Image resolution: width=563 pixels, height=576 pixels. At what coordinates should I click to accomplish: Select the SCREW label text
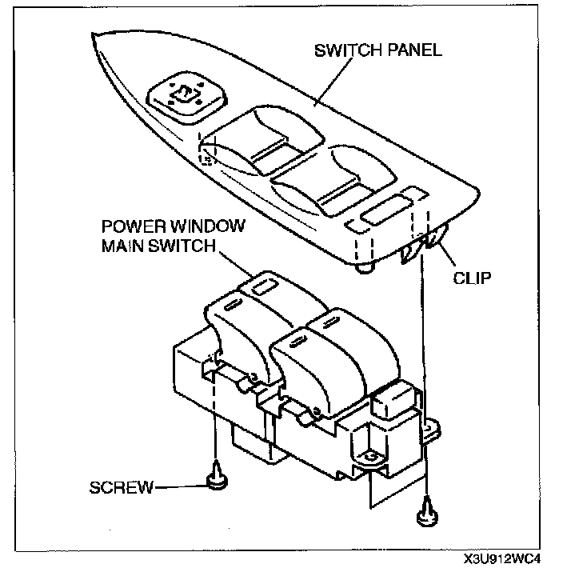(121, 487)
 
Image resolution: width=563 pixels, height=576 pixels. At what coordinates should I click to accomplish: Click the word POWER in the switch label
(127, 227)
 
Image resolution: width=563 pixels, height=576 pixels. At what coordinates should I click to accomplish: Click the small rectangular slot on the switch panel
(381, 214)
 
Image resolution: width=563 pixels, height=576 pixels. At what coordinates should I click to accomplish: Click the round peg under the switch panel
(365, 268)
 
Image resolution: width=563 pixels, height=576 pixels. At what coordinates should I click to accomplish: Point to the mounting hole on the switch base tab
(370, 456)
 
